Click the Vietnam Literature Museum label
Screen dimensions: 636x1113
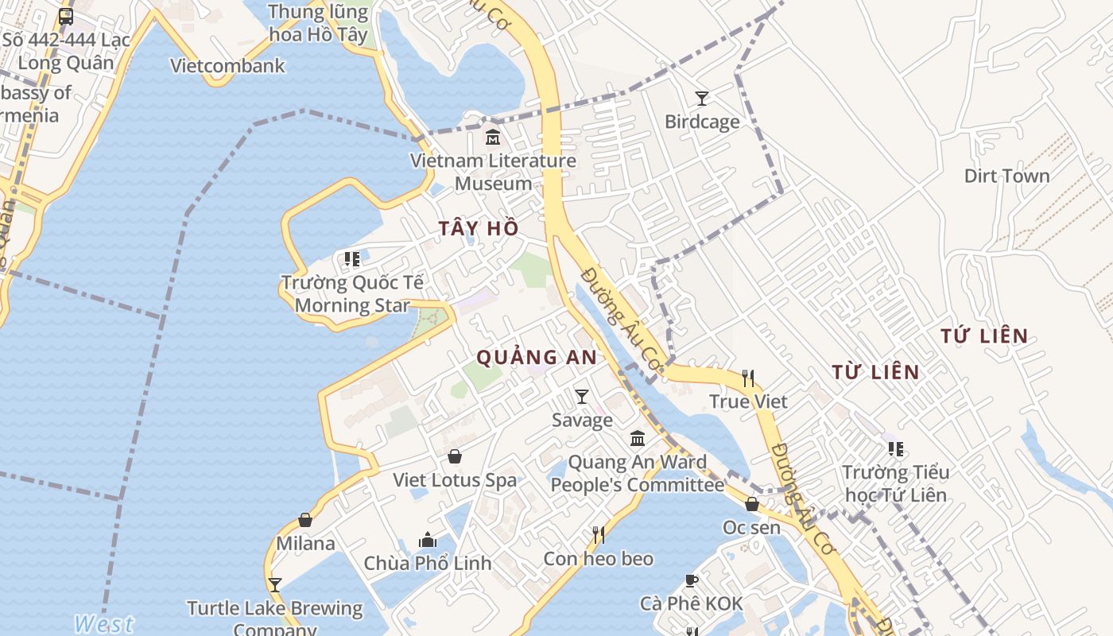(493, 172)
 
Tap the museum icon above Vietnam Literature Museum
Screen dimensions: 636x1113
(493, 138)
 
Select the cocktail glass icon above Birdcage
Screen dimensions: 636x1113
(701, 99)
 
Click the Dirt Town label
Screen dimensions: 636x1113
(1006, 176)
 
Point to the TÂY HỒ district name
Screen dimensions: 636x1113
(479, 229)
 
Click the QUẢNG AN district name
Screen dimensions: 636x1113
(537, 358)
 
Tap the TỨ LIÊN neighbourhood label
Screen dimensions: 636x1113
(984, 336)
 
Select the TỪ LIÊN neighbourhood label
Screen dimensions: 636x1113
(875, 372)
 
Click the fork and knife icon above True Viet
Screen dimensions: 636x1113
(747, 378)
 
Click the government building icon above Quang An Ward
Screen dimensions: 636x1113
(638, 439)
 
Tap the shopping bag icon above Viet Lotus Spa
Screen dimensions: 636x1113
(455, 456)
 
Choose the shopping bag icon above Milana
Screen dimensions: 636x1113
(305, 520)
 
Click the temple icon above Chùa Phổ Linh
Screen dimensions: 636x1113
(428, 540)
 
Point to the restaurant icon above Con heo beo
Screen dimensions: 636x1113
(599, 535)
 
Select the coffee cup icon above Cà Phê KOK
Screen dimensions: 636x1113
(691, 580)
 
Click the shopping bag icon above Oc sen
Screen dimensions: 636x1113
(751, 504)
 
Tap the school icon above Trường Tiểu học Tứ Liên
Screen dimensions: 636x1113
(896, 449)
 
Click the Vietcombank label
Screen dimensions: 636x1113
(227, 65)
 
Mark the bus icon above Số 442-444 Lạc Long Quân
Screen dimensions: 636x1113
(66, 16)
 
